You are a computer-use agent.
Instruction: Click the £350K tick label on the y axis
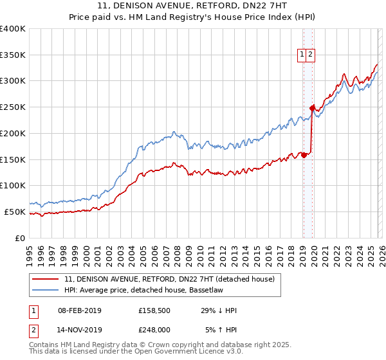coord(13,55)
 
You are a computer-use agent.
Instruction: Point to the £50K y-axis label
coord(15,212)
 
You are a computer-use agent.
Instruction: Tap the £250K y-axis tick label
coord(13,107)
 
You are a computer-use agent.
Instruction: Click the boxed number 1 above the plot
coord(302,55)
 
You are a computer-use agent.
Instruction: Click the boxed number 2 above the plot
coord(311,55)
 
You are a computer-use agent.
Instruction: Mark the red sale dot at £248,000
coord(312,108)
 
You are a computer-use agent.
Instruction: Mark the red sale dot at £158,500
coord(304,155)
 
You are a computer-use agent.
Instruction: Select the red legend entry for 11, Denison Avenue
coord(169,279)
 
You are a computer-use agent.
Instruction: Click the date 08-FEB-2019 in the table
coord(78,310)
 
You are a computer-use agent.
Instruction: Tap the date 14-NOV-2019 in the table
coord(78,330)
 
